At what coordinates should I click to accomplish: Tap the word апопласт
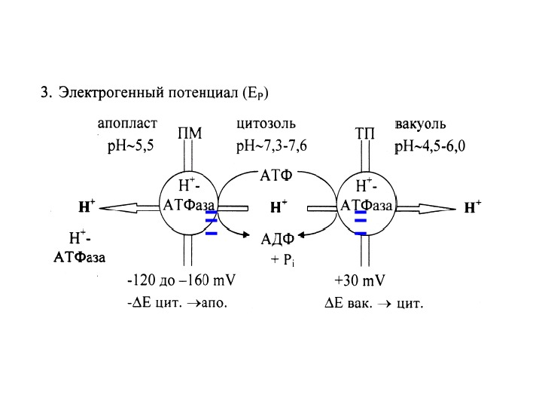[127, 121]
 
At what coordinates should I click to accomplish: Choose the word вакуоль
[421, 122]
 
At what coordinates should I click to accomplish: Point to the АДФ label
[277, 240]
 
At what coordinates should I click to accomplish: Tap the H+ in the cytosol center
[279, 206]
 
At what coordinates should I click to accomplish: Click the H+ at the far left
[86, 206]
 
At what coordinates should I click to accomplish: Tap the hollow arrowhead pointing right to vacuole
[444, 207]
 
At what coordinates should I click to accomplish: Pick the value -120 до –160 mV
[181, 282]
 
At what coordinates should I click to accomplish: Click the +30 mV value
[360, 282]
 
